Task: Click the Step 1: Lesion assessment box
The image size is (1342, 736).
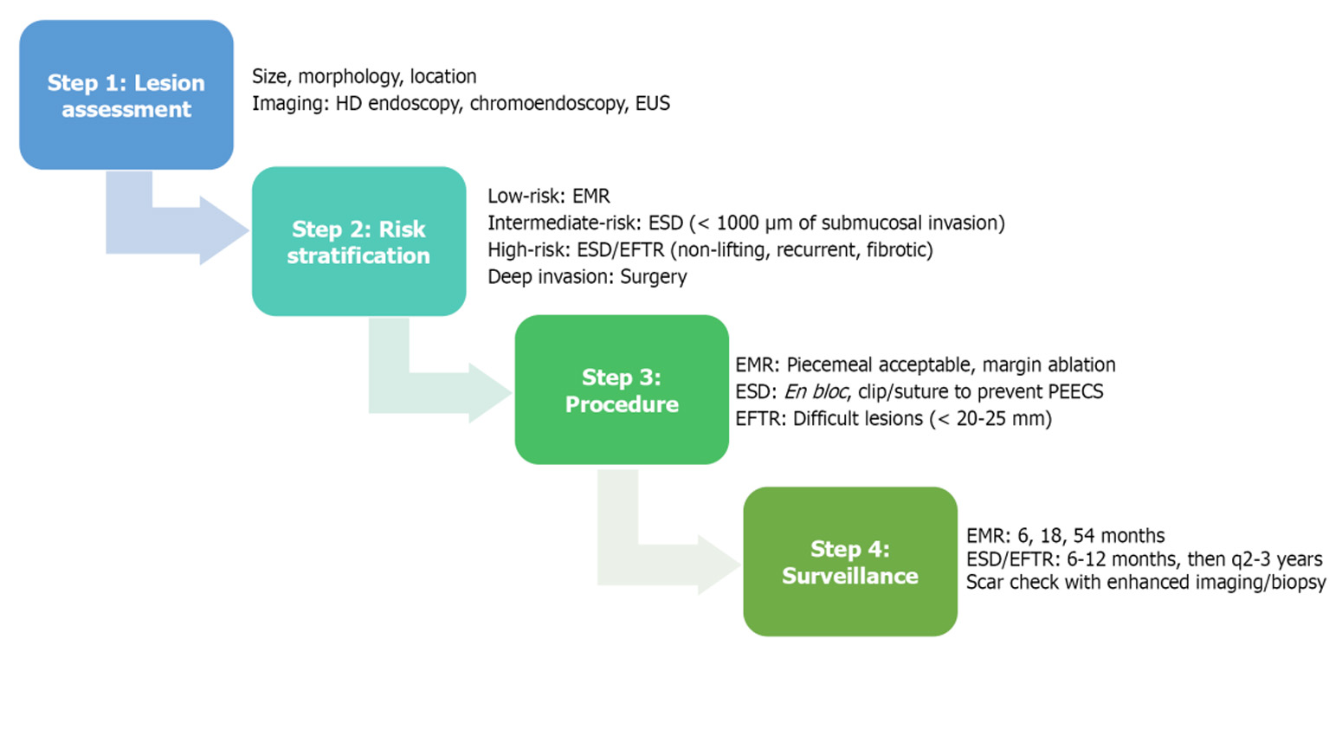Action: pyautogui.click(x=126, y=95)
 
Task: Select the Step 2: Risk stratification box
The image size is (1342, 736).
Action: pyautogui.click(x=358, y=242)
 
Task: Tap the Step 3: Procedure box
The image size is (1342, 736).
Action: pyautogui.click(x=622, y=390)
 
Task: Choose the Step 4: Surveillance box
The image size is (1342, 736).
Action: pyautogui.click(x=850, y=562)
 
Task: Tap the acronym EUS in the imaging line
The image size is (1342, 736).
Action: pyautogui.click(x=653, y=104)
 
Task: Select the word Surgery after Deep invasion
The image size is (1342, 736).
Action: pyautogui.click(x=654, y=277)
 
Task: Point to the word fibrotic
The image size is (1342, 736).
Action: pyautogui.click(x=900, y=250)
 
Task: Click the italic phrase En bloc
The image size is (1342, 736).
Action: pyautogui.click(x=816, y=392)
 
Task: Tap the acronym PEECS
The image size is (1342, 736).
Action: pyautogui.click(x=1075, y=392)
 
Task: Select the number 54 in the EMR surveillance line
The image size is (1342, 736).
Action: pyautogui.click(x=1084, y=536)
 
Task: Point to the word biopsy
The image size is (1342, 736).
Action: pyautogui.click(x=1298, y=583)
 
